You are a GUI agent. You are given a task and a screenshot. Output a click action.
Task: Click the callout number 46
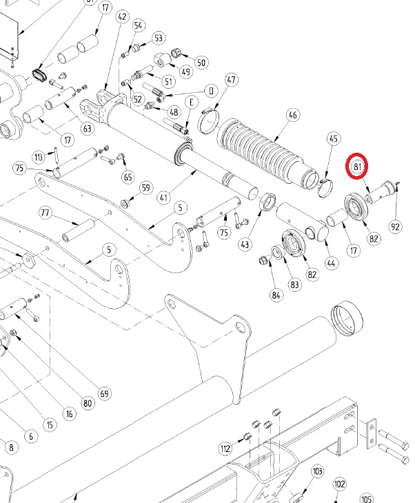coord(293,115)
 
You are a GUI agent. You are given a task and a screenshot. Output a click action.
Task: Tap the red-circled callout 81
coord(358,167)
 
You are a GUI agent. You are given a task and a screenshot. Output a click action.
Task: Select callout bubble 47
coord(230,81)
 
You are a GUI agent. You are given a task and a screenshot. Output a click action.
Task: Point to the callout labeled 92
coord(396,227)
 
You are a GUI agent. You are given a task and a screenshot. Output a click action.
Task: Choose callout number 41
coord(163,198)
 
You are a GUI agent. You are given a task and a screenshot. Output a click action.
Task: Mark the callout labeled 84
coord(276,296)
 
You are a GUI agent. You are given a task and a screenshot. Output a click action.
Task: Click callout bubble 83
coord(294,286)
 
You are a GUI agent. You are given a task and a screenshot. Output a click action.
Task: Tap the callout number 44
coord(331,263)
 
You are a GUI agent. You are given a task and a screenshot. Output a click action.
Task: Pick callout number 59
coord(145,188)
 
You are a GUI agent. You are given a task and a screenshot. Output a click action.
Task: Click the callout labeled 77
coord(45,212)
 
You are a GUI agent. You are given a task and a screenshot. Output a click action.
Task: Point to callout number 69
coord(104,394)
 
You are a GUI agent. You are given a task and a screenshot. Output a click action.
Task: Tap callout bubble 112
coord(225,449)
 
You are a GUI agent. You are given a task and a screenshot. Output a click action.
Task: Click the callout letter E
coord(190,103)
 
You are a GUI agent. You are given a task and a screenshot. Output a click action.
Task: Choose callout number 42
coord(123,17)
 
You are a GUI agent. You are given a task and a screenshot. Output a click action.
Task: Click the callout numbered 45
coord(334,139)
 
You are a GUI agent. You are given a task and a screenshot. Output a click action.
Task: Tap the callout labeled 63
coord(87,128)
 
